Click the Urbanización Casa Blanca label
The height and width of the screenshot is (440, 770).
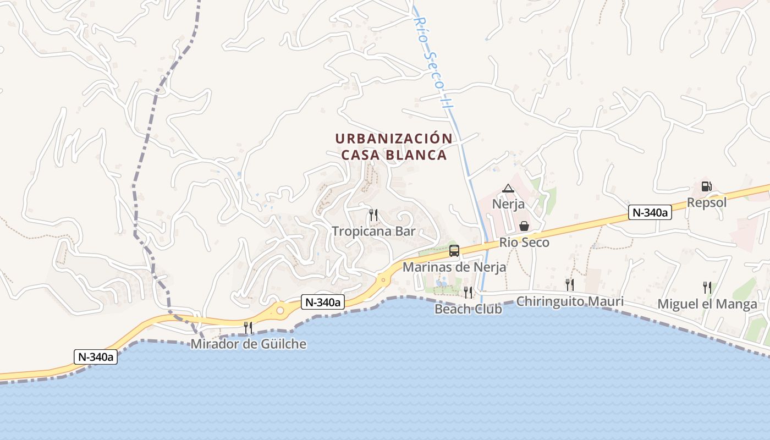(393, 146)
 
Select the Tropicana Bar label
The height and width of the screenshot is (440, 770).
(373, 232)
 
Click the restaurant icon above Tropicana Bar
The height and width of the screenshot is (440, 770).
(373, 214)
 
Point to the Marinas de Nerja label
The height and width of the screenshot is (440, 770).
(454, 267)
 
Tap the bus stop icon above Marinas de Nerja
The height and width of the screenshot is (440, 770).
(454, 251)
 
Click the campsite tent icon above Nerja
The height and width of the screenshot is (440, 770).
(508, 189)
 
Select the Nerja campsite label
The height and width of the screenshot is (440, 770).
(508, 204)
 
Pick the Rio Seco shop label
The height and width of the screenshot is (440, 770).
(524, 243)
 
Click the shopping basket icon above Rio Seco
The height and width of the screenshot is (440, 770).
(524, 226)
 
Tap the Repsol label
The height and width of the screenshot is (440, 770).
(707, 202)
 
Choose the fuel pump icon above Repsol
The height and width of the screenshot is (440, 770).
(707, 186)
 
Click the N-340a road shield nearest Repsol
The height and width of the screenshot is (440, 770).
(650, 212)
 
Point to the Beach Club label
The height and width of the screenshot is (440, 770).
(468, 309)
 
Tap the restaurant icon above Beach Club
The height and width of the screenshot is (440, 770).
(468, 291)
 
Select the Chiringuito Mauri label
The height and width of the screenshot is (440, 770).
(570, 301)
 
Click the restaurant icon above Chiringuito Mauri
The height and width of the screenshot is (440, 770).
(570, 284)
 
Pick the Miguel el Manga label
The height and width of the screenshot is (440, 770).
(707, 304)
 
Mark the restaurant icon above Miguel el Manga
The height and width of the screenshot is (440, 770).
(707, 287)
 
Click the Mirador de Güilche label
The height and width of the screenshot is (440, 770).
(249, 344)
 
